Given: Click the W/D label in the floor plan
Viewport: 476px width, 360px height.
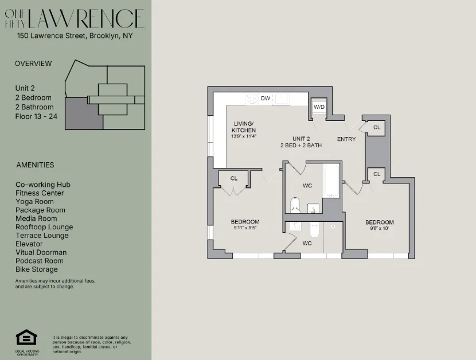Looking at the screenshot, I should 318,107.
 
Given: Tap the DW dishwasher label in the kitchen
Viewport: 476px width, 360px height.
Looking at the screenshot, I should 266,99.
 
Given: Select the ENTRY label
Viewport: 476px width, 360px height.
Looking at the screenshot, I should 346,139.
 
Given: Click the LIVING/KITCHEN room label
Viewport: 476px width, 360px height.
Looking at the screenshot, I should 244,127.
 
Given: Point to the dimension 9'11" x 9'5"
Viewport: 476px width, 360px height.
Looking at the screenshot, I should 245,228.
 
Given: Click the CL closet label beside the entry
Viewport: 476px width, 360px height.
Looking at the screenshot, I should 376,127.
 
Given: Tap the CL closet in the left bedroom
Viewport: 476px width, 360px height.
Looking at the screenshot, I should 234,178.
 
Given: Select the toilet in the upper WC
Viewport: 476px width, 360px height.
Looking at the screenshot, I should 295,205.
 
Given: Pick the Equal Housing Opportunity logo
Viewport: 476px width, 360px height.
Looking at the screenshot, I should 26,338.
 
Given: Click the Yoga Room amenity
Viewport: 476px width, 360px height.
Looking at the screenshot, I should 34,202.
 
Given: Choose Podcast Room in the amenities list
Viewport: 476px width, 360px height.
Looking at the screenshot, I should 39,261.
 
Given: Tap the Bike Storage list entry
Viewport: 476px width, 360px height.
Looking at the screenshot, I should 37,269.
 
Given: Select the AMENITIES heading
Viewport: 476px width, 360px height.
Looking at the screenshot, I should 35,165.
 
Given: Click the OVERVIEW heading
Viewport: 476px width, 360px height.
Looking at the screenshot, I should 33,64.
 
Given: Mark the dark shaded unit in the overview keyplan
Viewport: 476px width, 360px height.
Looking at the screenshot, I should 83,113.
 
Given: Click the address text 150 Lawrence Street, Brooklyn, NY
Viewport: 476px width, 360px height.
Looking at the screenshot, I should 75,36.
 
